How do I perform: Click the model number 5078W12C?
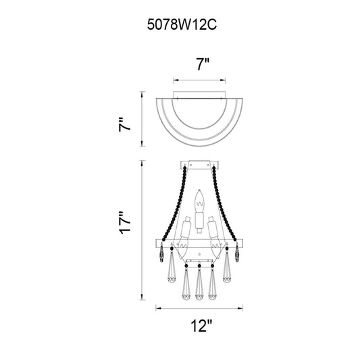[x=182, y=24]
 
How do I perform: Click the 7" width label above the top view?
[x=203, y=64]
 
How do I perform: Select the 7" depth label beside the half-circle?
[x=124, y=124]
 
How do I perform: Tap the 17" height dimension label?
[x=124, y=222]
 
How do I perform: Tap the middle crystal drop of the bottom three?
[x=199, y=282]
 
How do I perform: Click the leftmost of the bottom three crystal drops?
[x=186, y=282]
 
